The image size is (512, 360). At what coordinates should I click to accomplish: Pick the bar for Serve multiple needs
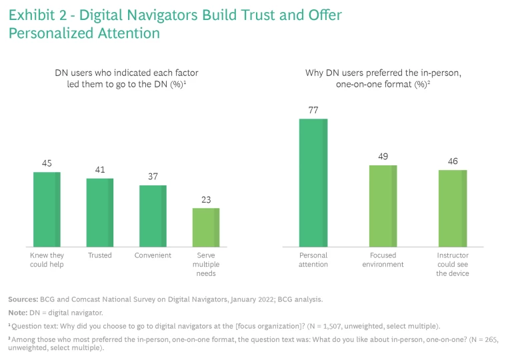click(x=205, y=228)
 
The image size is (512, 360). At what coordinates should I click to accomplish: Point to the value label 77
click(x=313, y=110)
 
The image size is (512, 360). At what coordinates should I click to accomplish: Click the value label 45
click(x=47, y=163)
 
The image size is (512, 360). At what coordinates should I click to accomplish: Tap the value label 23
click(x=205, y=199)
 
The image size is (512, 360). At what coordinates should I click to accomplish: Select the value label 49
click(x=383, y=157)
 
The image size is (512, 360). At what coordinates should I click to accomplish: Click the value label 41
click(x=99, y=169)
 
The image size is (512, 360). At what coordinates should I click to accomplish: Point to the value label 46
click(x=452, y=161)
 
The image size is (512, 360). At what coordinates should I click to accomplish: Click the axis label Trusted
click(x=99, y=255)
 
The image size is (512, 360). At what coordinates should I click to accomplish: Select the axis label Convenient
click(x=153, y=255)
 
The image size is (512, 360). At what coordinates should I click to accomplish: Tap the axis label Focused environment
click(x=383, y=260)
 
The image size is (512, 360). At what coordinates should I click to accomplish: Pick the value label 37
click(x=153, y=176)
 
